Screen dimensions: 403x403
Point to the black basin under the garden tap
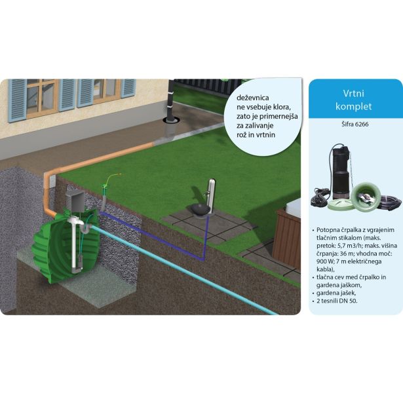tap(199, 209)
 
